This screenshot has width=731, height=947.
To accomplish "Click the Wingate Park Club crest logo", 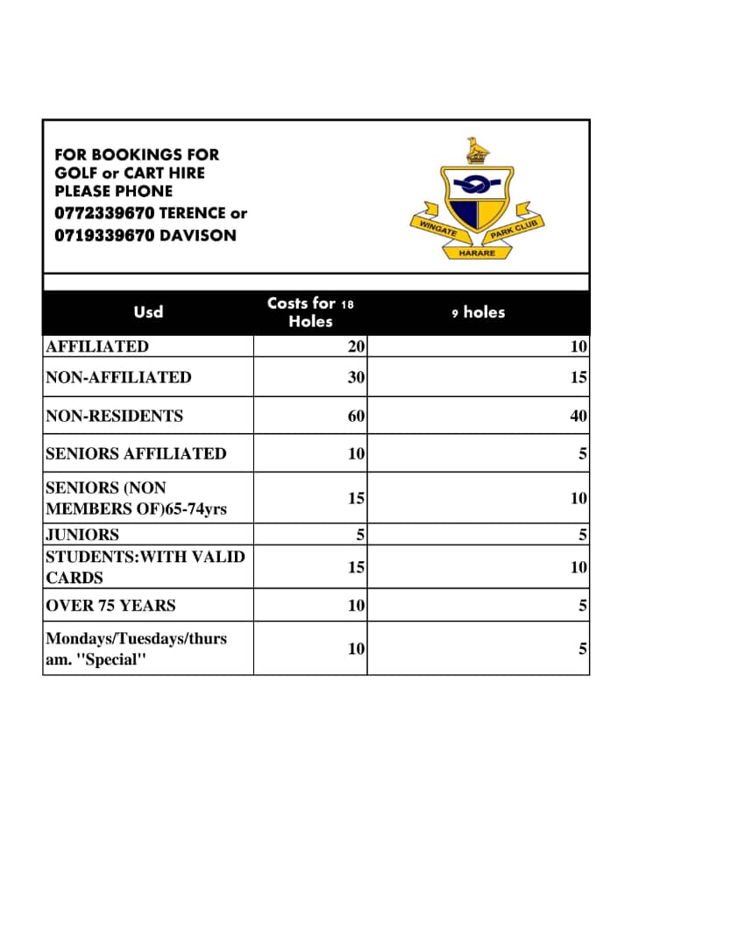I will click(x=477, y=199).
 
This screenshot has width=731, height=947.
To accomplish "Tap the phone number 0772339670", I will click(x=104, y=213).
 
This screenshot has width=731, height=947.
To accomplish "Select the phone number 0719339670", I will click(x=104, y=235).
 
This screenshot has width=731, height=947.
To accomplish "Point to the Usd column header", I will click(x=148, y=312).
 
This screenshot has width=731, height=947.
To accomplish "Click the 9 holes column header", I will click(x=479, y=312).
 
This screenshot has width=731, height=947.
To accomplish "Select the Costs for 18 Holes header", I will click(x=310, y=312).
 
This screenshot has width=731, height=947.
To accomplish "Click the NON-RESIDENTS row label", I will click(x=114, y=416).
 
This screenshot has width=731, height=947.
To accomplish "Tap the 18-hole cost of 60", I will click(x=356, y=416).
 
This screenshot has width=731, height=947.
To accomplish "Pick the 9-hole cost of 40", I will click(x=578, y=416).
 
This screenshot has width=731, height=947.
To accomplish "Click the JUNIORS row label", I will click(x=82, y=534).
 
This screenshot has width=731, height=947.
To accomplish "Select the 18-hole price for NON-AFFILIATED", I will click(x=356, y=377).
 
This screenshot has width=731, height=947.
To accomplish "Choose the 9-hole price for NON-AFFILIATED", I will click(x=578, y=377).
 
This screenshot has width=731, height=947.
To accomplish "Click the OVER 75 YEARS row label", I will click(x=110, y=605).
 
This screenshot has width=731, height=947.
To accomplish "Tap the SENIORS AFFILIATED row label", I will click(x=136, y=453).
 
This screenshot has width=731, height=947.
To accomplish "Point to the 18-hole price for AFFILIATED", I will click(x=356, y=346).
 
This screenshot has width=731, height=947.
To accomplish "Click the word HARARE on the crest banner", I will click(x=477, y=253).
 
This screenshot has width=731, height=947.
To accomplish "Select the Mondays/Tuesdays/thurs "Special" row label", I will click(x=136, y=649).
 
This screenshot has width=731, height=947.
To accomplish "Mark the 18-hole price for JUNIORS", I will click(x=359, y=534).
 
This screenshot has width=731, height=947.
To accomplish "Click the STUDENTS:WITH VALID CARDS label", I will click(x=145, y=566).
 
